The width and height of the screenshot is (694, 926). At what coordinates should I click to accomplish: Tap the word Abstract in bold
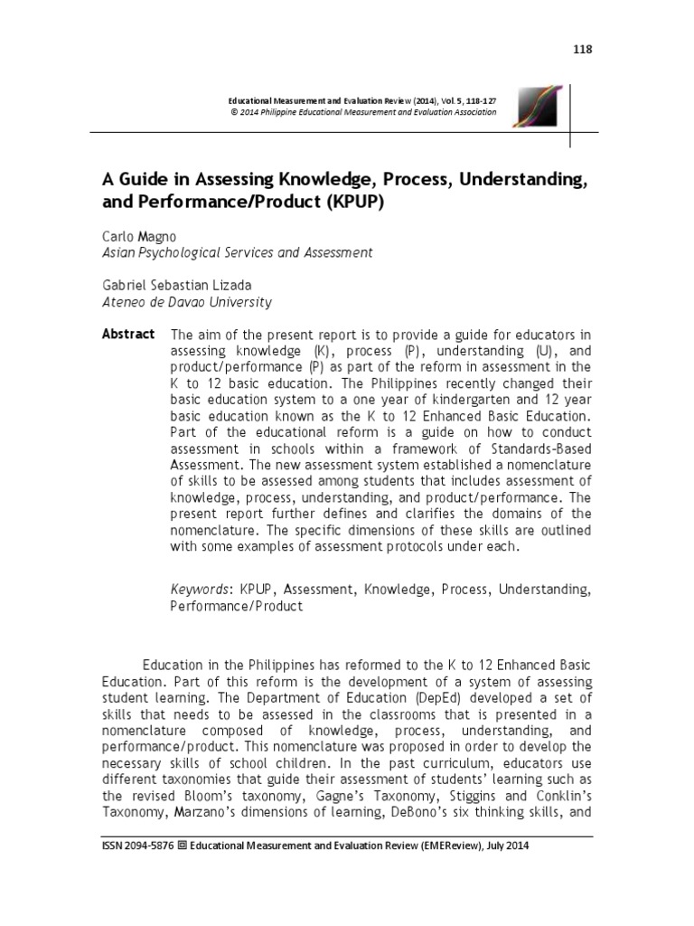coord(128,335)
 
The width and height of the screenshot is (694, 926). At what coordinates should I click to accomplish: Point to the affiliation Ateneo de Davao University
coord(186,302)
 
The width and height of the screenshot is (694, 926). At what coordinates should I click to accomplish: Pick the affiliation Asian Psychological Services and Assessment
coord(236,253)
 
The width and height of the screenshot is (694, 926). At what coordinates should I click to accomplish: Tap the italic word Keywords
coord(201,590)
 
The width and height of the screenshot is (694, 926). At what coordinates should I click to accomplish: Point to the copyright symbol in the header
coord(235,112)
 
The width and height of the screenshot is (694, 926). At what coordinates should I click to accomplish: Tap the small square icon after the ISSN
coord(183,846)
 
